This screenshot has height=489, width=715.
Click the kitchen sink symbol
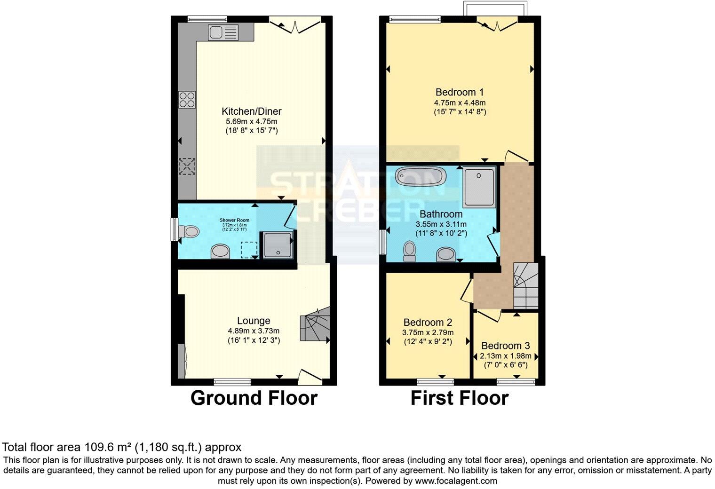(x=224, y=32)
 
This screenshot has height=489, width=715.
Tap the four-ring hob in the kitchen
(x=187, y=100)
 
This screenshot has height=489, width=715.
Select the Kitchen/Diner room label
(x=252, y=111)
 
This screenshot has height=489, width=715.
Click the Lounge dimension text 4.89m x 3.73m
(x=254, y=331)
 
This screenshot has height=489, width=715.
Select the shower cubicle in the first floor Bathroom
(x=479, y=187)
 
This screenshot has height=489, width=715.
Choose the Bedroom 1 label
(x=460, y=92)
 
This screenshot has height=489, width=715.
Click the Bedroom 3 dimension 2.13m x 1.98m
(x=506, y=355)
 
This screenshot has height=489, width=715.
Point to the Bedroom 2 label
(x=428, y=323)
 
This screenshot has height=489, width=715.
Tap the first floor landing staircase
(x=525, y=285)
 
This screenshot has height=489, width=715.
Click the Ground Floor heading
(x=254, y=398)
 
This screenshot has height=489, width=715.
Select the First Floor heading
(x=460, y=398)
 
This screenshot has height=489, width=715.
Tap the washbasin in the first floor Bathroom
(x=445, y=254)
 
